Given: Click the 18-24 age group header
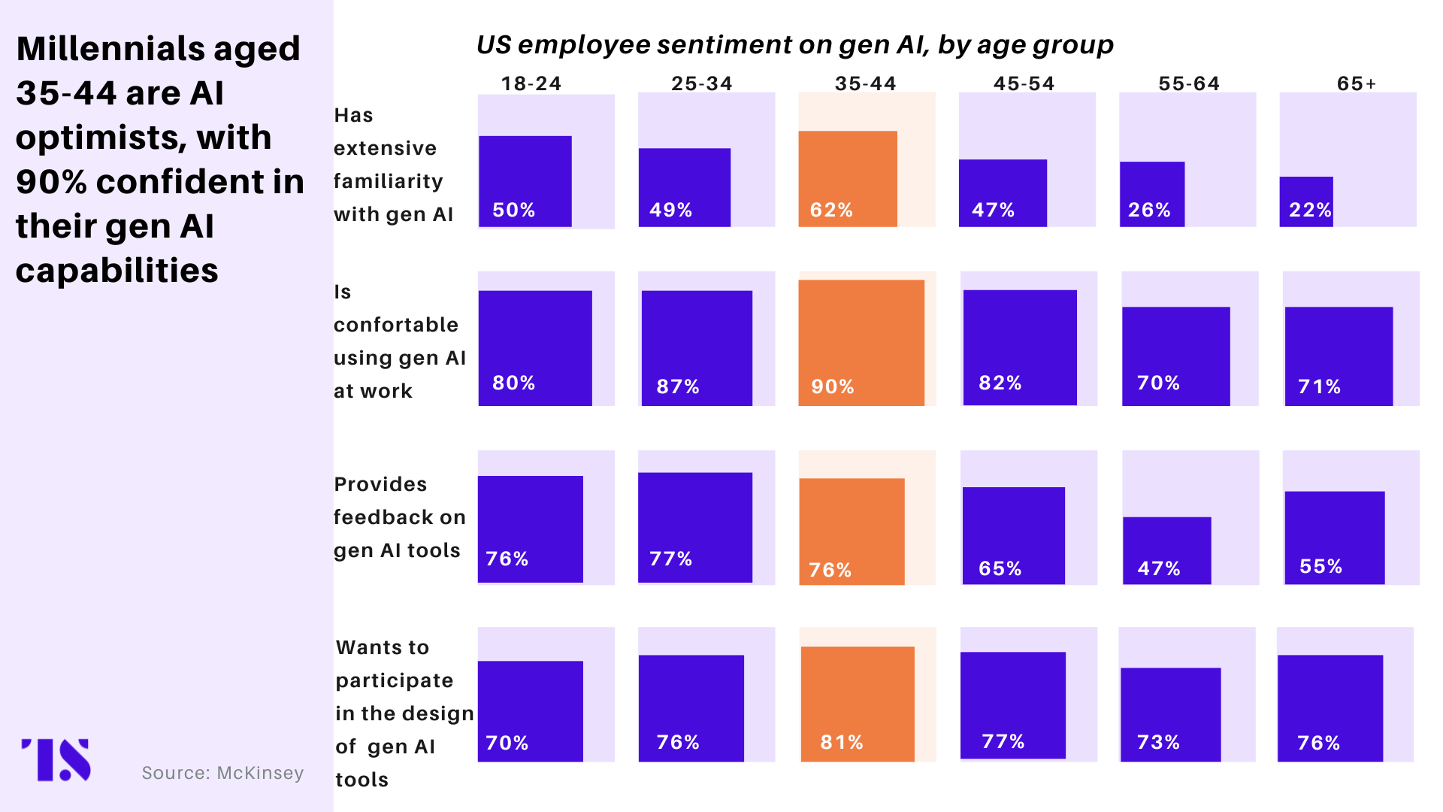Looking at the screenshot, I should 531,83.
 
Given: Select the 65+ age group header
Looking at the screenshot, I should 1357,83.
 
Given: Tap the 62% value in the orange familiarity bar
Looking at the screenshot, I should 831,210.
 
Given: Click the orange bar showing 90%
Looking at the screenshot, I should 861,343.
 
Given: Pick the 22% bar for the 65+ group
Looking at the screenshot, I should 1306,201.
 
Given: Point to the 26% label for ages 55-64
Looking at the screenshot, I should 1149,210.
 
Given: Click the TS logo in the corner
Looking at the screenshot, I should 56,759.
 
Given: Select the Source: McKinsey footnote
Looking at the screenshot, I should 222,773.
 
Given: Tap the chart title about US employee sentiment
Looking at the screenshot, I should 795,45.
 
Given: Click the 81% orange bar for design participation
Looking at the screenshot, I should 858,704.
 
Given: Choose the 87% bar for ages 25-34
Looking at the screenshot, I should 697,348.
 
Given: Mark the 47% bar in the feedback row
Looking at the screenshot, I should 1167,550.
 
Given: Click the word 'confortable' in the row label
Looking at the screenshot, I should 396,325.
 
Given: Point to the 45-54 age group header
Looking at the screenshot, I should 1024,83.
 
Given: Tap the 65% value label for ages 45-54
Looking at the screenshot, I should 1000,568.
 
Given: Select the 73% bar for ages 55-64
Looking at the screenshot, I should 1170,714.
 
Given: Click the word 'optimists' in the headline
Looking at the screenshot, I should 144,138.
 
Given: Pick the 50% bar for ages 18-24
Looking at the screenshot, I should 525,180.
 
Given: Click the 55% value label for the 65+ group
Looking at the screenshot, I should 1320,566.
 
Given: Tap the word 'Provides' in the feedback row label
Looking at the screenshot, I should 380,484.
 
